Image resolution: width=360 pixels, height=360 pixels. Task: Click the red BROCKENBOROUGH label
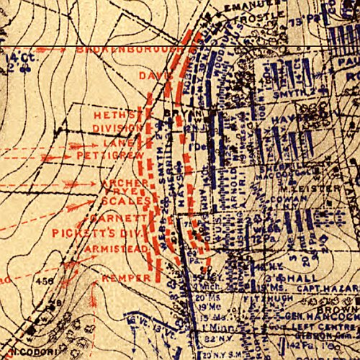(x=130, y=50)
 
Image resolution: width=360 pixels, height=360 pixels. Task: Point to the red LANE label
(x=106, y=144)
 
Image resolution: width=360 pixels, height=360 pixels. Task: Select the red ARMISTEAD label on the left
(x=115, y=248)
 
